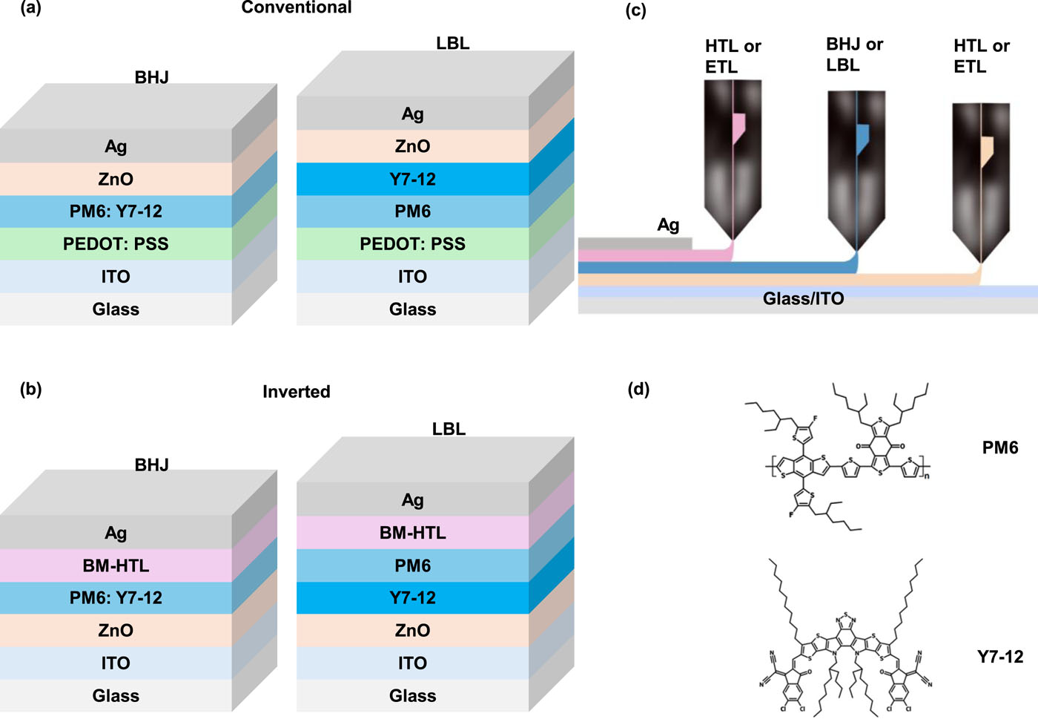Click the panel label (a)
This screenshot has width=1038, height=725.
pyautogui.click(x=30, y=9)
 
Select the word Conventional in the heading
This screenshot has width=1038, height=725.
pyautogui.click(x=297, y=7)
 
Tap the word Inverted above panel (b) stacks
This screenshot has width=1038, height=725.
pyautogui.click(x=297, y=392)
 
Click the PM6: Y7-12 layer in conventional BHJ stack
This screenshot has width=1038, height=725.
pyautogui.click(x=116, y=211)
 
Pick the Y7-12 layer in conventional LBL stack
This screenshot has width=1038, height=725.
pyautogui.click(x=412, y=179)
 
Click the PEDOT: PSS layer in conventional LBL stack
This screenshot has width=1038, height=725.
pyautogui.click(x=412, y=244)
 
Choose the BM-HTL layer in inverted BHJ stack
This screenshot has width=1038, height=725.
pyautogui.click(x=116, y=565)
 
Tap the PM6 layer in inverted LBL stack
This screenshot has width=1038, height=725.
pyautogui.click(x=412, y=565)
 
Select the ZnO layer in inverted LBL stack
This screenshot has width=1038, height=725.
pyautogui.click(x=412, y=630)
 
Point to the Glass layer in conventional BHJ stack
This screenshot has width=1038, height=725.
pyautogui.click(x=116, y=309)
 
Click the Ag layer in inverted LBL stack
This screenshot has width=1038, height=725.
pyautogui.click(x=412, y=500)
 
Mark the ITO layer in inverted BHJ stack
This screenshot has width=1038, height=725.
pyautogui.click(x=116, y=663)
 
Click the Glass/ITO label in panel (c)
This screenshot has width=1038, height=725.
pyautogui.click(x=803, y=299)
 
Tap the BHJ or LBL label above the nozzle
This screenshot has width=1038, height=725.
pyautogui.click(x=854, y=55)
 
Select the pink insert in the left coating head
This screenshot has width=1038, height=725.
pyautogui.click(x=738, y=128)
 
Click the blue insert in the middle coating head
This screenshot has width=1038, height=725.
pyautogui.click(x=862, y=139)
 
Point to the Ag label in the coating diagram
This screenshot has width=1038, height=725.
pyautogui.click(x=668, y=225)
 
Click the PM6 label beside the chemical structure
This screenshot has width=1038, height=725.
pyautogui.click(x=999, y=447)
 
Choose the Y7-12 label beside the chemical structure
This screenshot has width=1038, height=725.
pyautogui.click(x=999, y=657)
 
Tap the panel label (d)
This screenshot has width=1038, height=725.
pyautogui.click(x=638, y=389)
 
